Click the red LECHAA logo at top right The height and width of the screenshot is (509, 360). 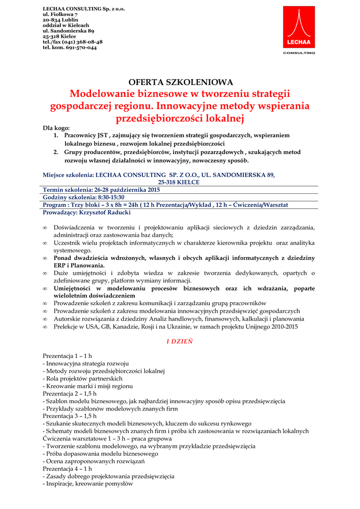click(299, 28)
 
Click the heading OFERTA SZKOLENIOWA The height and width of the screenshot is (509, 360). click(180, 82)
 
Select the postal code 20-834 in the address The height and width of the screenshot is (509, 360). click(53, 20)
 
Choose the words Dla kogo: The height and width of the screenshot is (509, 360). click(56, 128)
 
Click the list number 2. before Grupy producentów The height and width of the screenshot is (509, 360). click(56, 152)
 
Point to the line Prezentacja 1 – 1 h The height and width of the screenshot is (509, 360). click(67, 356)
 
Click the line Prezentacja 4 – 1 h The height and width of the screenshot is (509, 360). click(67, 469)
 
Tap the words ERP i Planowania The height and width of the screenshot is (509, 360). click(76, 266)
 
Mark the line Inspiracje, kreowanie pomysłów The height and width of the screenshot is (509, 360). click(90, 484)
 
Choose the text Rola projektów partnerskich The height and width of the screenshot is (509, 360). click(84, 378)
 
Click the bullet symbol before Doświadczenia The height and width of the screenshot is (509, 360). click(45, 228)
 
